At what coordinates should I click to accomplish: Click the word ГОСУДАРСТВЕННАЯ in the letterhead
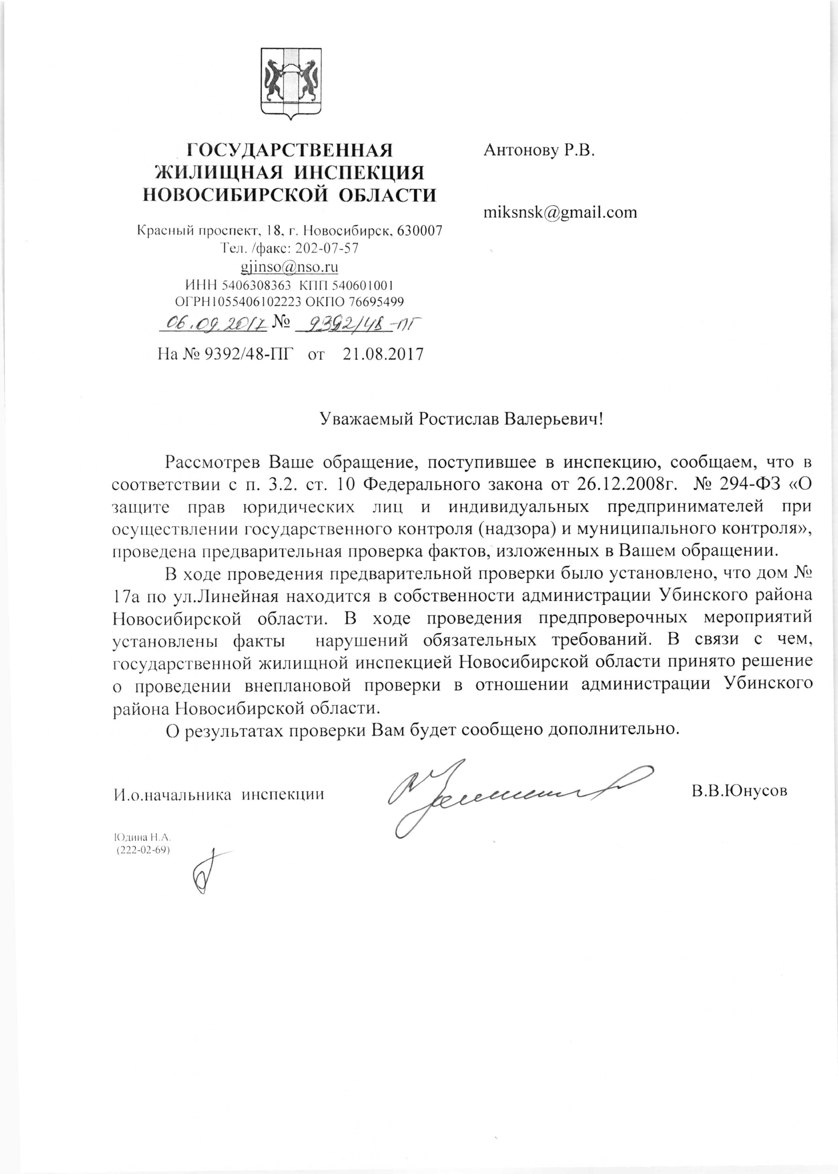[x=290, y=150]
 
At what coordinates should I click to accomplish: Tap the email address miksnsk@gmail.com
[x=560, y=212]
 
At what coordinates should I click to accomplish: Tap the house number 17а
[x=126, y=596]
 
